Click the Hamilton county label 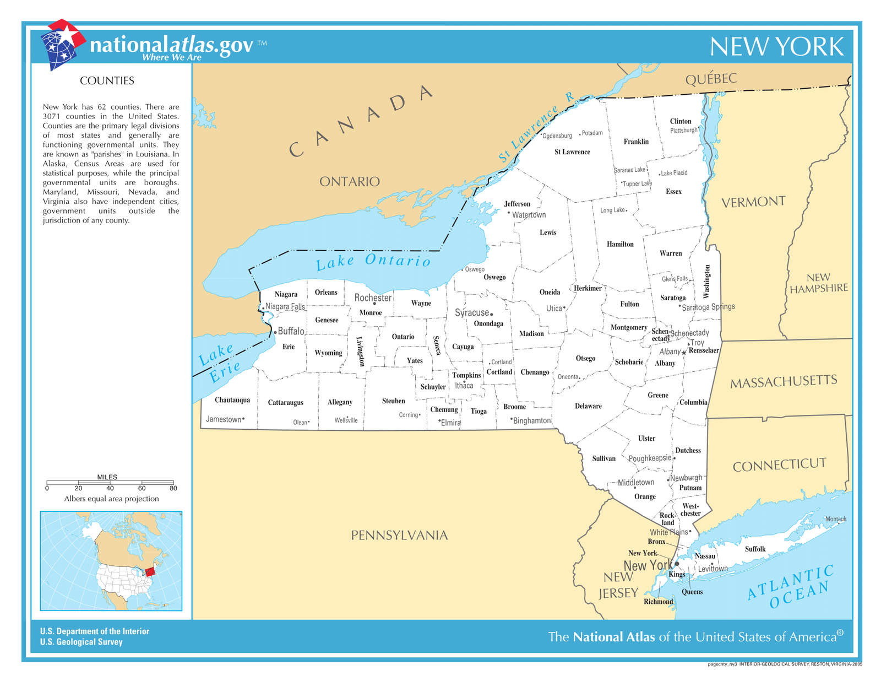pos(620,244)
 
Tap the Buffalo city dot pos(275,332)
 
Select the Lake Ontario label pos(373,261)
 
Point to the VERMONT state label pos(753,202)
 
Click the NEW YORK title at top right pos(776,47)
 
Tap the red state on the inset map pos(150,571)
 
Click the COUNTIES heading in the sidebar pos(107,81)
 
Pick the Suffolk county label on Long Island pos(755,549)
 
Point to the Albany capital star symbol pos(684,353)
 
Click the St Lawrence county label pos(572,152)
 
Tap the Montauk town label pos(835,519)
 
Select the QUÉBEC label pos(711,79)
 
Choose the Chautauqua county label pos(232,400)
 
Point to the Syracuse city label pos(472,312)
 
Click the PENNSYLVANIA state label pos(399,535)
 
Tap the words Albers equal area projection pos(111,499)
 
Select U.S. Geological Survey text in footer pos(81,642)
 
